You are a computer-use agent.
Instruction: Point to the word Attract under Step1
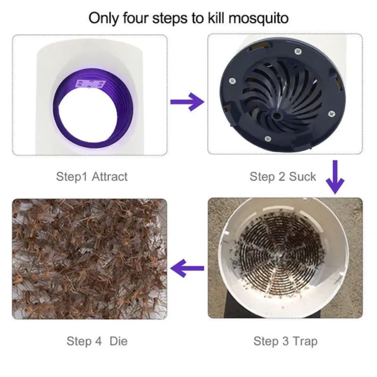tap(109, 176)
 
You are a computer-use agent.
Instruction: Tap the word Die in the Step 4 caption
tap(118, 341)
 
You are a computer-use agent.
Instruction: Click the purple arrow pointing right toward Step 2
tap(187, 102)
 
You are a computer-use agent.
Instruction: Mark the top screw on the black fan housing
tap(298, 51)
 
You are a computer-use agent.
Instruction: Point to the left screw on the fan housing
tap(232, 81)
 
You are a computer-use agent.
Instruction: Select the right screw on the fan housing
tap(331, 113)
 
